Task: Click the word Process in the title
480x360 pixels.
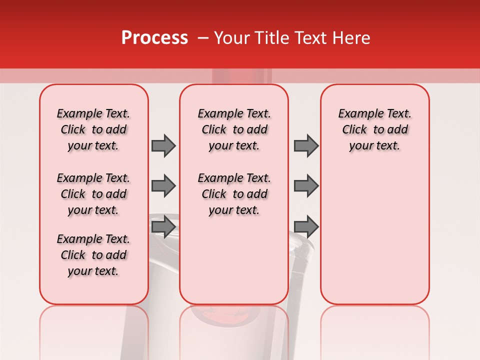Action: click(154, 38)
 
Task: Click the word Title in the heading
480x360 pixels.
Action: click(270, 38)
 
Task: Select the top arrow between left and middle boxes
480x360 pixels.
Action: click(163, 145)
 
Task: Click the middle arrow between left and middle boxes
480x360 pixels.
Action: click(163, 186)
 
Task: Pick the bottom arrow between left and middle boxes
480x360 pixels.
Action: click(163, 226)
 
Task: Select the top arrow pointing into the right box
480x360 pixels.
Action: click(306, 145)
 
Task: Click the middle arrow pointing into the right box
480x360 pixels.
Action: click(306, 186)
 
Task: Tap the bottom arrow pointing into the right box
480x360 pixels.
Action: click(306, 226)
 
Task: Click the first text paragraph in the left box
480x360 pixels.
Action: click(93, 129)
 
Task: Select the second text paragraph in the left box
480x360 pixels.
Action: click(93, 194)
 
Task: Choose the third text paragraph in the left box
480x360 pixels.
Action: click(93, 255)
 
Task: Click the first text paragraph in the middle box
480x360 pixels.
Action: click(234, 129)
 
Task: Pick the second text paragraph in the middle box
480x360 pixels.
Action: click(234, 194)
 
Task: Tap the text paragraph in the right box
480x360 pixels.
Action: click(375, 129)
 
